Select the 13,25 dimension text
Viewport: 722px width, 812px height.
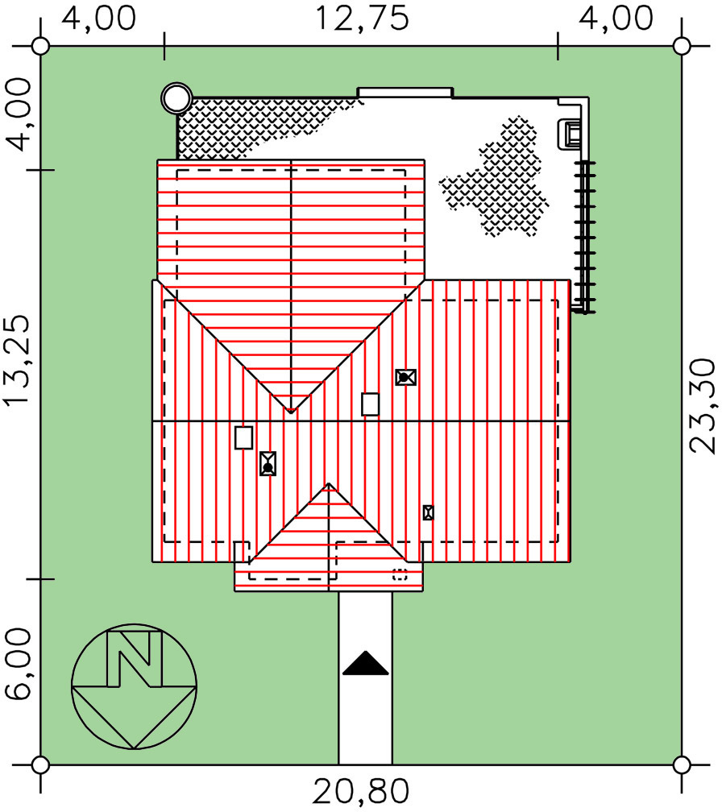click(x=19, y=360)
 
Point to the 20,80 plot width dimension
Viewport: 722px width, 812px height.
click(x=361, y=792)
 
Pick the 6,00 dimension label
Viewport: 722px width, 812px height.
click(x=19, y=665)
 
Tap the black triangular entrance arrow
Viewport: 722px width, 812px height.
click(x=366, y=664)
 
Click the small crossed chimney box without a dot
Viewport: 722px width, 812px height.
click(x=428, y=512)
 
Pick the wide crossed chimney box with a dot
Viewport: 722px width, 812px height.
click(x=405, y=377)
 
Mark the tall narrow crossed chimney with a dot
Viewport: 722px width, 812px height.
click(x=268, y=463)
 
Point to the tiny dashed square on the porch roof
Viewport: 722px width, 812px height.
click(x=400, y=574)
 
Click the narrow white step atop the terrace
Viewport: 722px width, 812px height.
click(x=405, y=92)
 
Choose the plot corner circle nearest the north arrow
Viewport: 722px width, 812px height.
click(x=40, y=764)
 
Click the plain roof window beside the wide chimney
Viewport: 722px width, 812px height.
click(x=371, y=404)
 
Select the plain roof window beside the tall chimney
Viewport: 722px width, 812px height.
click(x=244, y=437)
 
